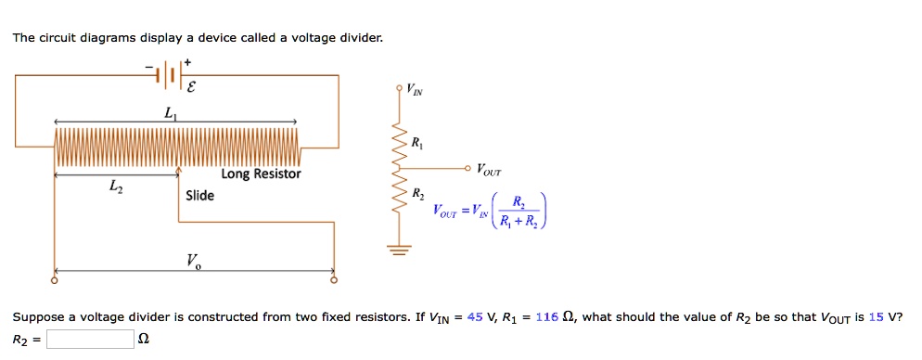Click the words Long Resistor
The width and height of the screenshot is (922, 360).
click(261, 174)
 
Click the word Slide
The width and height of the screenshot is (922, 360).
click(199, 195)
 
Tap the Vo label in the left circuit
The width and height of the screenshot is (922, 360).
click(193, 260)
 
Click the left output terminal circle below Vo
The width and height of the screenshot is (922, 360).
click(54, 279)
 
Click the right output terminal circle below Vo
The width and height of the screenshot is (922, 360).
click(335, 279)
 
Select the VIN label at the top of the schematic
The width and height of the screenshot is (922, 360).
click(413, 90)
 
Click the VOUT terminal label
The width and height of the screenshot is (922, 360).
click(488, 170)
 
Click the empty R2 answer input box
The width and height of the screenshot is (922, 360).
click(90, 339)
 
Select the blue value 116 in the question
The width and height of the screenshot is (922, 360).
click(546, 317)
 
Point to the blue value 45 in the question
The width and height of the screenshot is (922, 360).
click(475, 317)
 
